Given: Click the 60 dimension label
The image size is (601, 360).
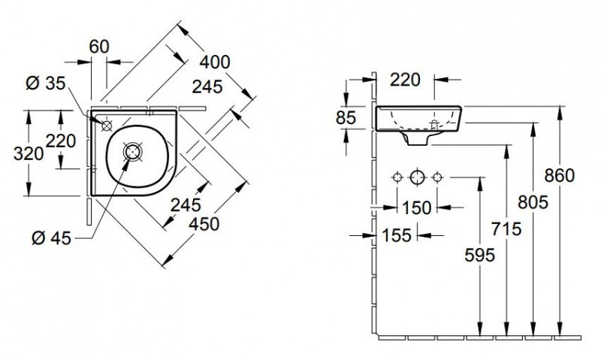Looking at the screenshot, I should click(99, 46).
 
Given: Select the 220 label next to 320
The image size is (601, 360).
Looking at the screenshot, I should click(61, 141).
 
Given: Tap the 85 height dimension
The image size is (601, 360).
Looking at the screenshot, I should click(346, 117).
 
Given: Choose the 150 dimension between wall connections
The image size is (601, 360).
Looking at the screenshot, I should click(415, 206).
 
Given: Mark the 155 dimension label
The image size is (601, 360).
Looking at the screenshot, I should click(395, 235).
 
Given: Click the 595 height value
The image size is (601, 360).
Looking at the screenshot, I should click(479, 256).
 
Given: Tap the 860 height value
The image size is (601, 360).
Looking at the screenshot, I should click(560, 175).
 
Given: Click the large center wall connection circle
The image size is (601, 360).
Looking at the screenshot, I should click(416, 178).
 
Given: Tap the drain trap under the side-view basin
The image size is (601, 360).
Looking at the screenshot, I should click(417, 138).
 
